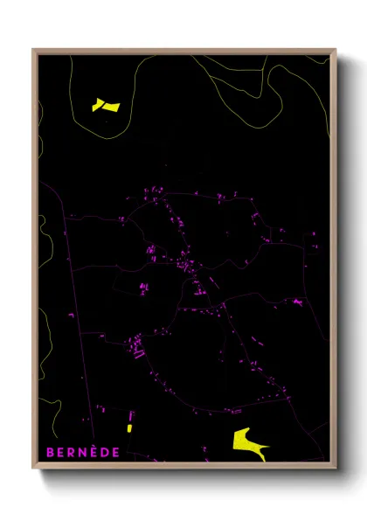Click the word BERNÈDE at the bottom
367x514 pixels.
tap(84, 452)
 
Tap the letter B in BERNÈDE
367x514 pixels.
tap(51, 452)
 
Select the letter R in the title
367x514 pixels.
tap(73, 452)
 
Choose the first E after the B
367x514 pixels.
tap(62, 452)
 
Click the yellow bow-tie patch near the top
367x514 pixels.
tap(106, 106)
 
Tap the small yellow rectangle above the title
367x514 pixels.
tap(129, 428)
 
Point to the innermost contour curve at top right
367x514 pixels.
tap(262, 83)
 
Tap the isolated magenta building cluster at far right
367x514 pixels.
tap(298, 302)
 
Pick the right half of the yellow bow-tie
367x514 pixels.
tap(112, 105)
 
